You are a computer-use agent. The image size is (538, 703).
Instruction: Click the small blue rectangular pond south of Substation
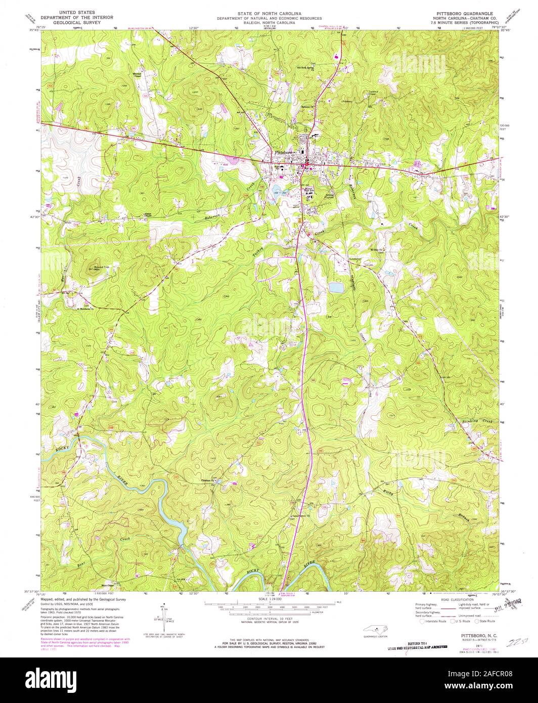(335, 287)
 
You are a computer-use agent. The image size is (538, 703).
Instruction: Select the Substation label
(355, 259)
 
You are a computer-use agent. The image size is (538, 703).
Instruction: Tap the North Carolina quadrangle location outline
(375, 630)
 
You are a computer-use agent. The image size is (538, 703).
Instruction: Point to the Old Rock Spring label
(306, 67)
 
